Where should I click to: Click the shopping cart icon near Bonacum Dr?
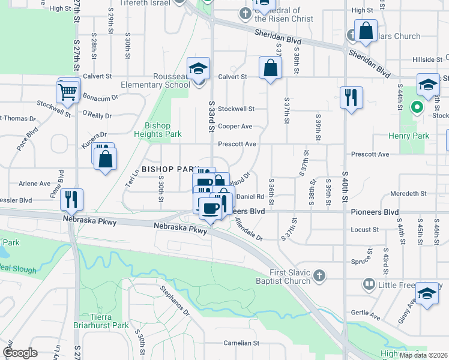(68, 93)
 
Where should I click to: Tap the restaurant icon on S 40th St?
(350, 97)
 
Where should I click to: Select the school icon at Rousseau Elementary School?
(197, 69)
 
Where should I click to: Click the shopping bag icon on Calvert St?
(271, 68)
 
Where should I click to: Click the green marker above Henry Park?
(415, 108)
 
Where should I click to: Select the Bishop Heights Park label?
(155, 130)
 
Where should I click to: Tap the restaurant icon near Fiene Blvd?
(71, 199)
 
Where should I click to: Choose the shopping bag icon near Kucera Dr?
(106, 159)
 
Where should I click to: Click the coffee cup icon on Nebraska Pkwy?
(209, 209)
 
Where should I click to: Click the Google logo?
(20, 353)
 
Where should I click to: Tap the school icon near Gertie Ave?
(427, 293)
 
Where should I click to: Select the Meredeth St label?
(408, 194)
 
